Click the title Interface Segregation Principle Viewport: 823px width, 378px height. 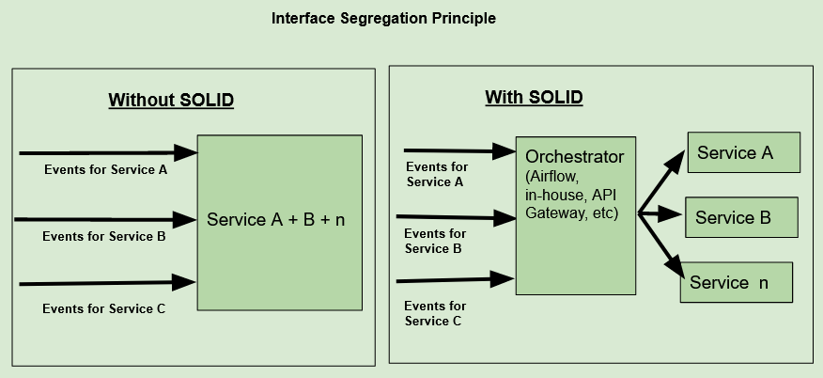click(383, 18)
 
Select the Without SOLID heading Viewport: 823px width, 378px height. click(170, 100)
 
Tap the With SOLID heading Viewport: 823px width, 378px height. click(534, 97)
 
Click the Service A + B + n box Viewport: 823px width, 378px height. click(279, 222)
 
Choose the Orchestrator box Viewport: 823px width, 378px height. click(576, 214)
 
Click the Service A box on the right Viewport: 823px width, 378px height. click(743, 153)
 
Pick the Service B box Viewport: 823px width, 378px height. click(740, 218)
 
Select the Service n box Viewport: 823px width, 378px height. click(737, 282)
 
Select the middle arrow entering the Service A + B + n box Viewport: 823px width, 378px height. click(105, 219)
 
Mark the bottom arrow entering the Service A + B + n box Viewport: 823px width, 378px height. click(105, 282)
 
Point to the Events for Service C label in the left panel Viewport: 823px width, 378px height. click(104, 307)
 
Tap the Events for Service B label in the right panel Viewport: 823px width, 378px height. click(435, 242)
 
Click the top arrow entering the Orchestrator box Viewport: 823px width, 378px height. click(458, 149)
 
